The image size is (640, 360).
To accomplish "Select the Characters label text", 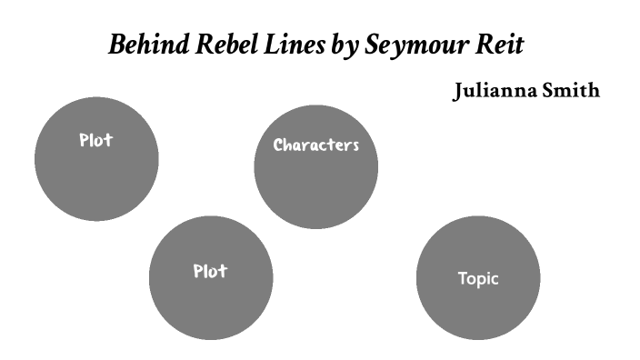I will tap(316, 145).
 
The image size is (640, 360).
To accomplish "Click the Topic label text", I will tap(478, 279).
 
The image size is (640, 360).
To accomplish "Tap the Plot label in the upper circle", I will tap(95, 141).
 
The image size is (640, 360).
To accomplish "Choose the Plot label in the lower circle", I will tap(210, 271).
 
